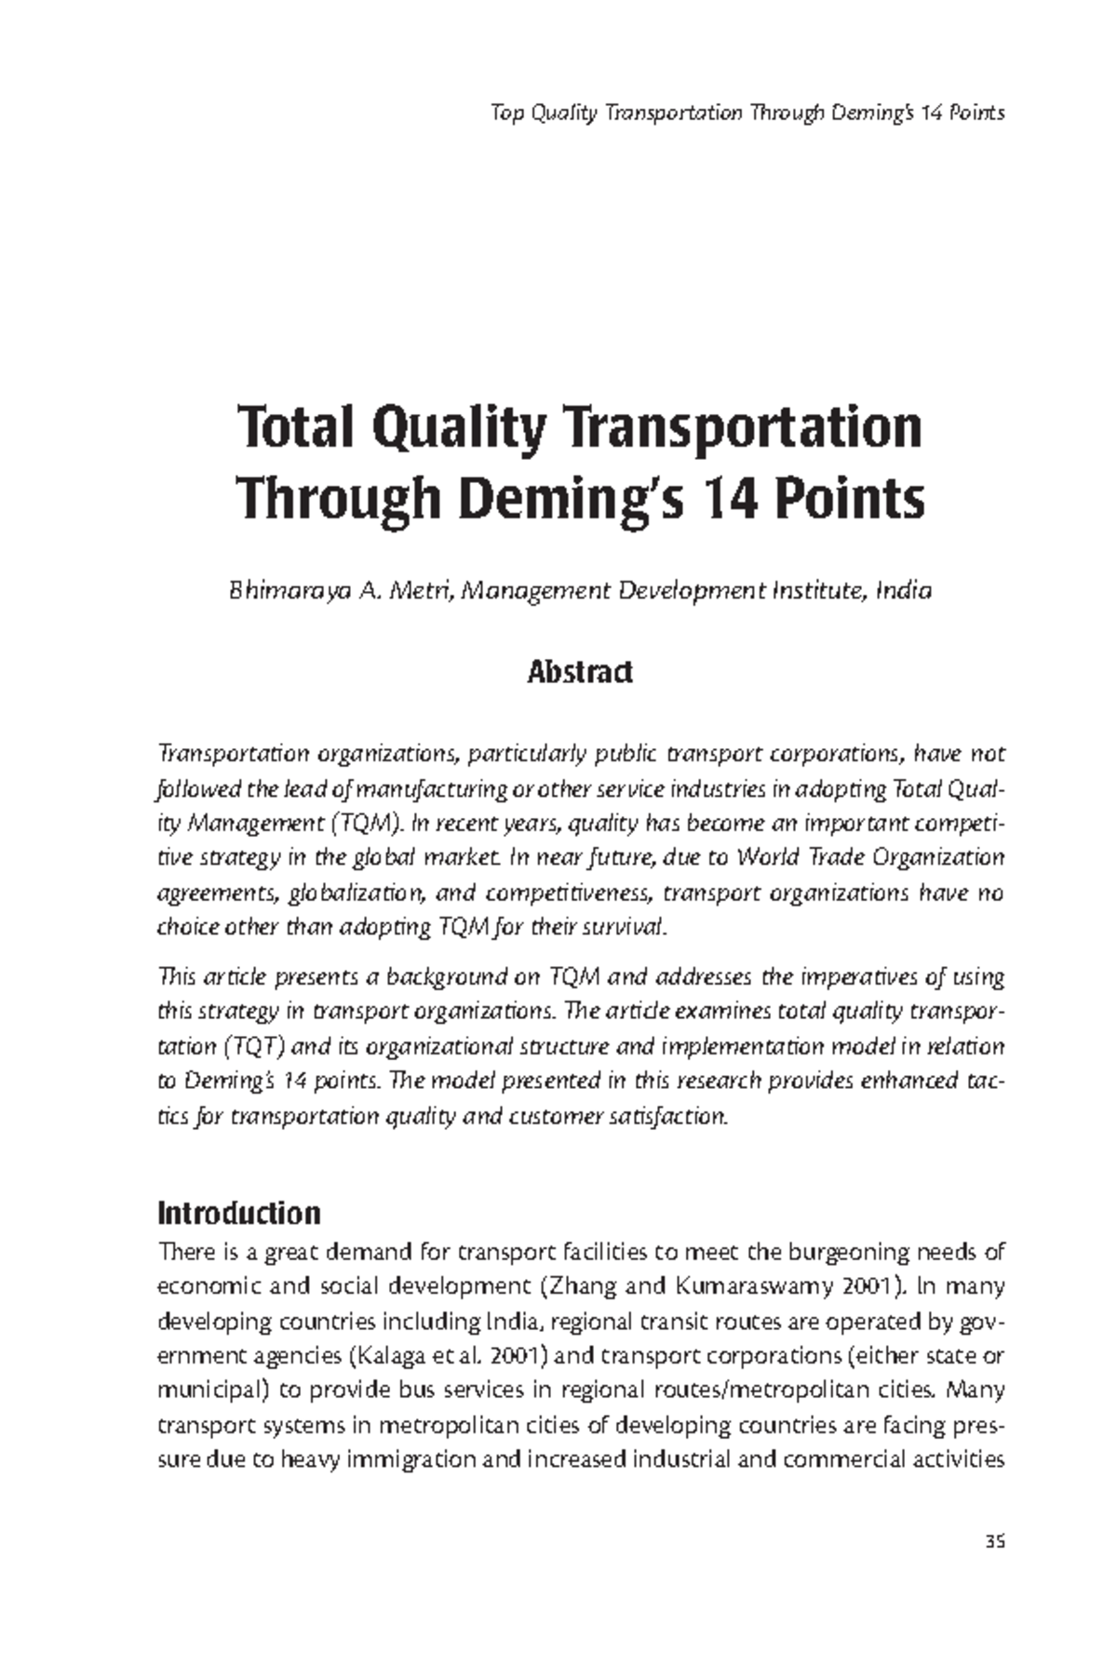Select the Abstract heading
pyautogui.click(x=580, y=671)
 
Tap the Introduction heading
pyautogui.click(x=239, y=1214)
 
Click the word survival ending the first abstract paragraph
pyautogui.click(x=636, y=927)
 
